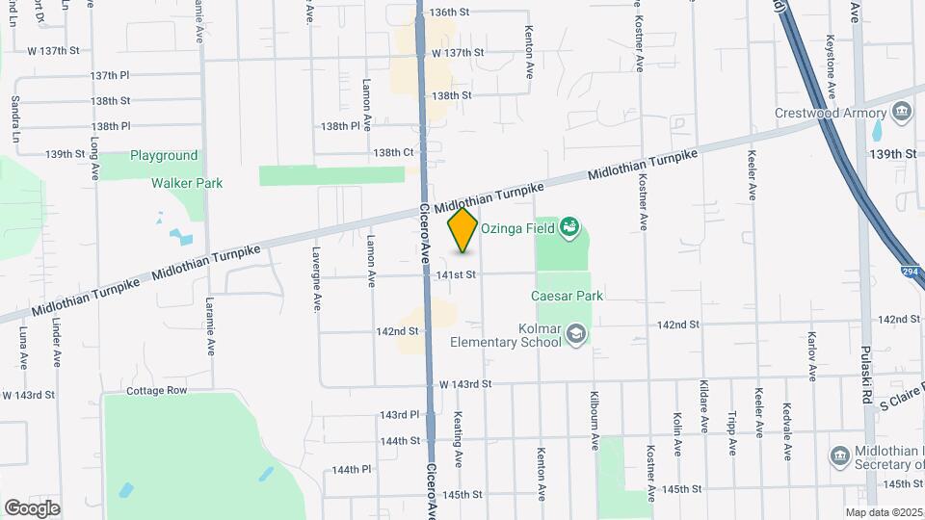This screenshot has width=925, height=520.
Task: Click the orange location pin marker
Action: [x=462, y=229]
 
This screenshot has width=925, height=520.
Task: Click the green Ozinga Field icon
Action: [x=569, y=226]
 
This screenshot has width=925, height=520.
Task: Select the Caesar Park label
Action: [x=567, y=296]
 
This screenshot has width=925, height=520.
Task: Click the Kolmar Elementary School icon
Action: [x=575, y=333]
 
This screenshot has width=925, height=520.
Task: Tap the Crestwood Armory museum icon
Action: [x=902, y=112]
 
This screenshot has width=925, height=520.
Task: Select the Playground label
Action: [x=164, y=155]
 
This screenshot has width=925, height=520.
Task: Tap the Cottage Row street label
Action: [x=156, y=391]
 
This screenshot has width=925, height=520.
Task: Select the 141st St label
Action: [x=456, y=275]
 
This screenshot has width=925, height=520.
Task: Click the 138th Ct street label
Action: [x=393, y=152]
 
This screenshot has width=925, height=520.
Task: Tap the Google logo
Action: [x=32, y=507]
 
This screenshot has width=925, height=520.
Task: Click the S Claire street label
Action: [x=900, y=406]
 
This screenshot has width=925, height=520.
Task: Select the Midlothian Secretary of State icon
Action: [x=838, y=454]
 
